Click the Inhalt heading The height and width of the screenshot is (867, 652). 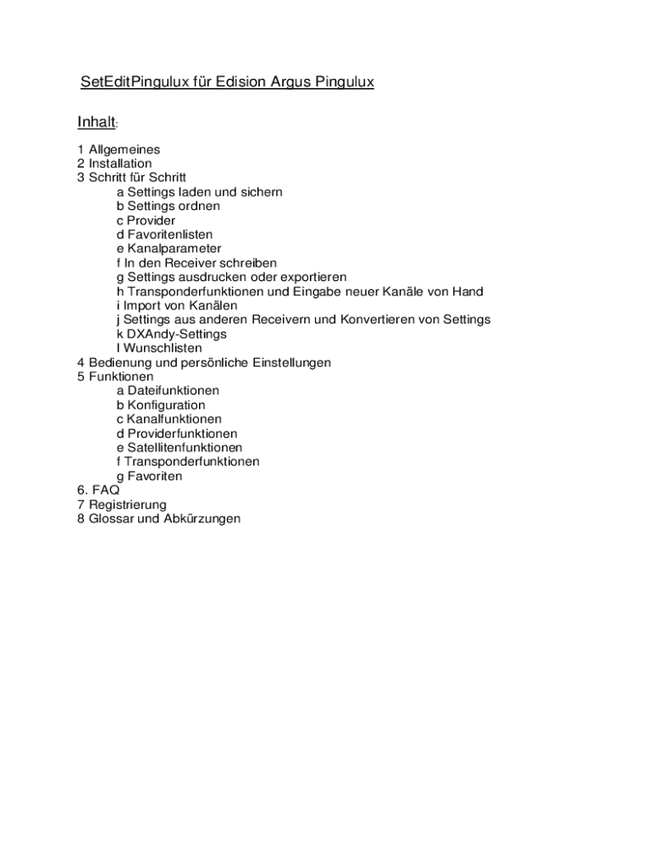pos(96,123)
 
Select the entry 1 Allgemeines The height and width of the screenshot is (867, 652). pos(119,149)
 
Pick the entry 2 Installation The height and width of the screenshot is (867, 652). pos(114,163)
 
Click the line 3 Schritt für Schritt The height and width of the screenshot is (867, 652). pos(131,178)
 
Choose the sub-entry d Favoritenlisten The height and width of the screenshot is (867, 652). pos(164,235)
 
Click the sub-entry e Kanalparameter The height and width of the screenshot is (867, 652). pos(169,249)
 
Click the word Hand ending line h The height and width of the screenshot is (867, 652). pos(467,291)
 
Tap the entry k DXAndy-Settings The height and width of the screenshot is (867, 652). pos(171,334)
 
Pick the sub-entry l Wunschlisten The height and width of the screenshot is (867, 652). pos(159,348)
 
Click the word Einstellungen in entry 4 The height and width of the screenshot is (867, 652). pos(289,362)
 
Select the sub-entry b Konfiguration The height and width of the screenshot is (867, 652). pos(161,406)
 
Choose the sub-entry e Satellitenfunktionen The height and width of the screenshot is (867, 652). pos(180,448)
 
